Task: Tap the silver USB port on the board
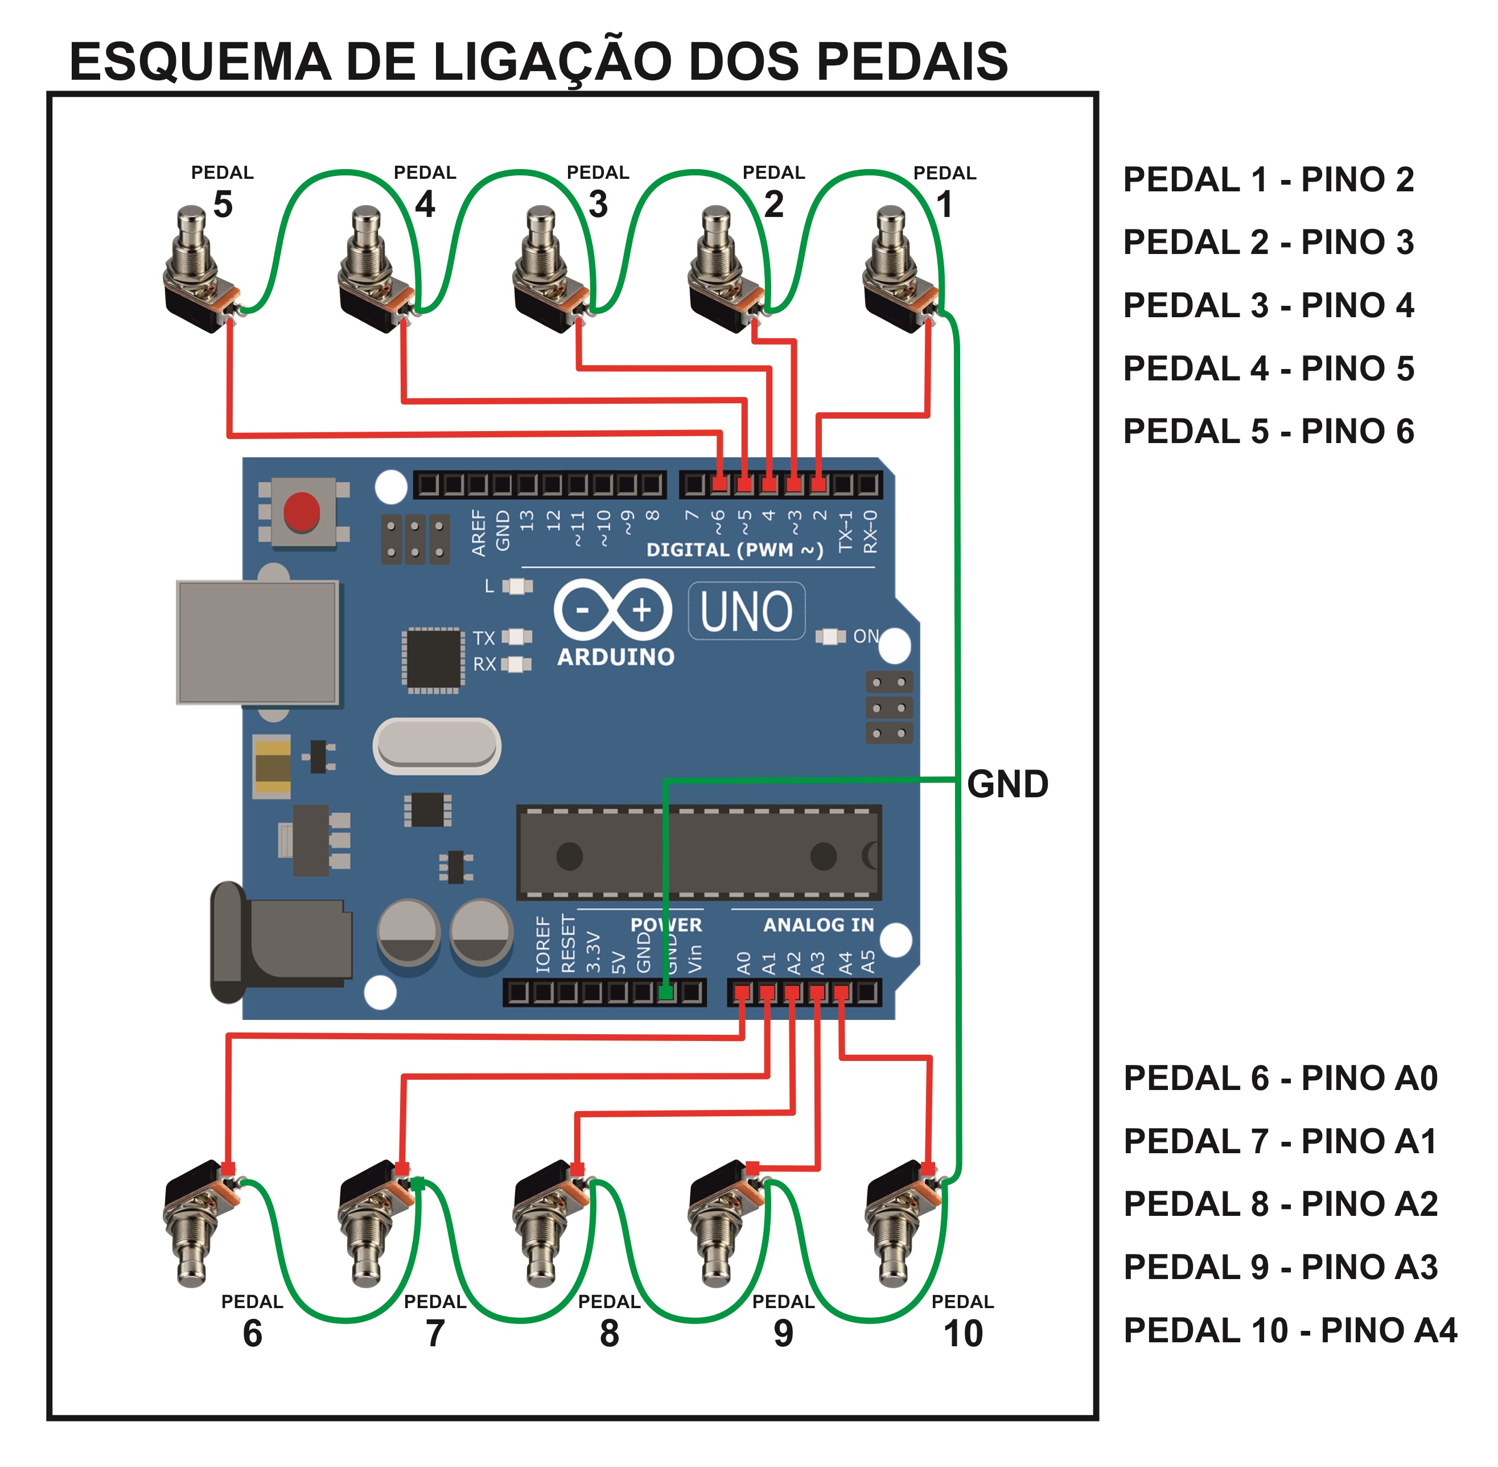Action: (x=257, y=642)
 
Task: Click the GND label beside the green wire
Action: (x=1007, y=784)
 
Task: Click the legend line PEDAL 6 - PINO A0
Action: (x=1280, y=1078)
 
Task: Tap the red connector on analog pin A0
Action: (x=742, y=993)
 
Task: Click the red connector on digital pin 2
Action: (x=818, y=485)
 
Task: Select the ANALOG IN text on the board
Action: (x=818, y=925)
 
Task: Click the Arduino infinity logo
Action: (x=612, y=610)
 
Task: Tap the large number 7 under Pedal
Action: (x=435, y=1333)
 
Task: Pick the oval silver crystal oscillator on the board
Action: (x=437, y=746)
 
